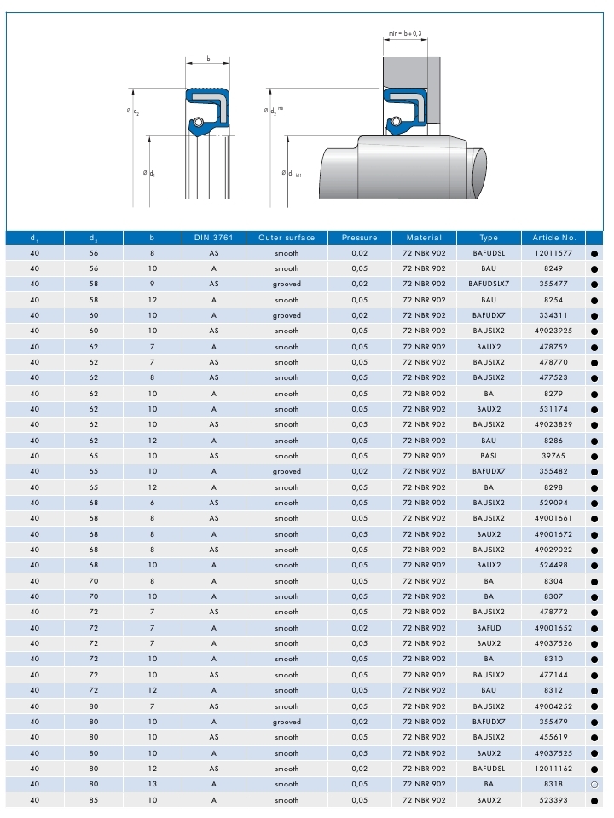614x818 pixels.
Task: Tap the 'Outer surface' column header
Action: click(x=287, y=238)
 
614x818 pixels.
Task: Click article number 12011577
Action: click(x=553, y=253)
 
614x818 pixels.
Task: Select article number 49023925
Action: click(x=553, y=331)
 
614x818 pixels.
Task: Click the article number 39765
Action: click(x=553, y=456)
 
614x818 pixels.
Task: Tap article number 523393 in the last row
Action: click(x=553, y=800)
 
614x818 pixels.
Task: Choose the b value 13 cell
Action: click(x=152, y=785)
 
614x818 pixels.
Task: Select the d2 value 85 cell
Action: click(x=93, y=800)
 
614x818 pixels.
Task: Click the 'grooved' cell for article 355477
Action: click(x=287, y=285)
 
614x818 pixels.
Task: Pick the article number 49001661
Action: click(x=553, y=518)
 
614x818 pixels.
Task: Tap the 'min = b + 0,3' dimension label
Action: click(x=405, y=33)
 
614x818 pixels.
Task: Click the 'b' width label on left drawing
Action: click(x=208, y=60)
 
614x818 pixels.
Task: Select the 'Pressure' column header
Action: click(x=359, y=238)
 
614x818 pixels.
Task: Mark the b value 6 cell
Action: click(x=152, y=503)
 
